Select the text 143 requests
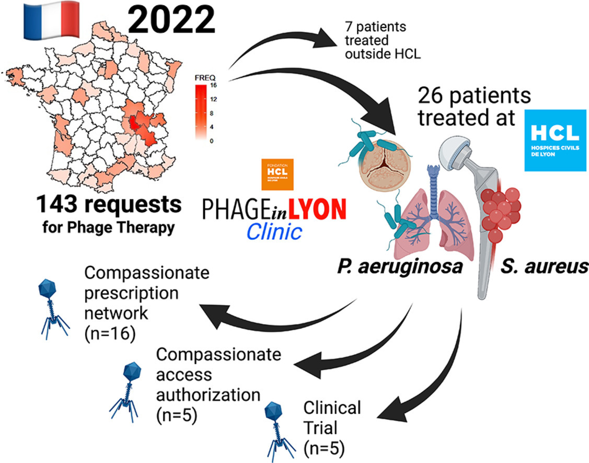point(109,205)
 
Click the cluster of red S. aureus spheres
point(500,210)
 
